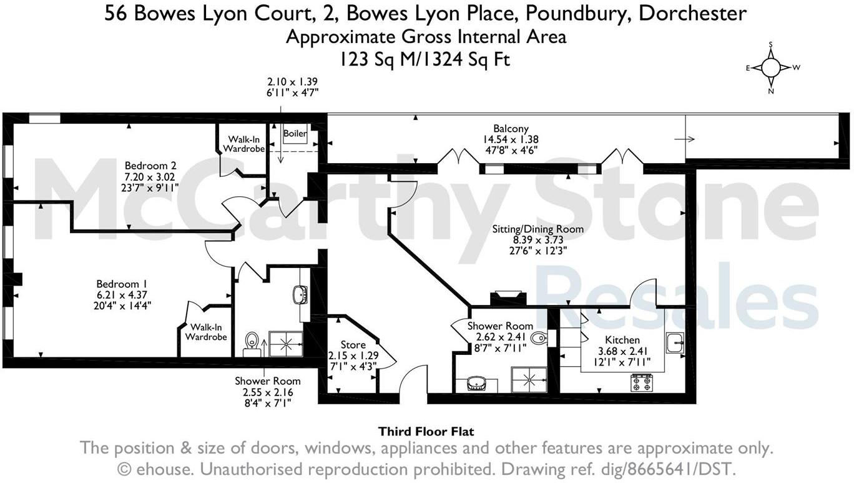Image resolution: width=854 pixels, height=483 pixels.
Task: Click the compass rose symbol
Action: click(x=771, y=67)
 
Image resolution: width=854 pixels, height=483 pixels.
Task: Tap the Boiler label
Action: click(x=295, y=134)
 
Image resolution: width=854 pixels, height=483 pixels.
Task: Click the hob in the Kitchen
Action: click(x=642, y=382)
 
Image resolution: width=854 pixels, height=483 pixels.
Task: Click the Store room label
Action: click(x=353, y=345)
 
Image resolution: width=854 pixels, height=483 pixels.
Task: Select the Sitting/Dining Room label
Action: click(x=537, y=229)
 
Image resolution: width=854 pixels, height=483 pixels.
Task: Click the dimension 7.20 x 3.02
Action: click(x=150, y=176)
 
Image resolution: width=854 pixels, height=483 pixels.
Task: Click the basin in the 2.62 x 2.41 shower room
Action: click(x=479, y=384)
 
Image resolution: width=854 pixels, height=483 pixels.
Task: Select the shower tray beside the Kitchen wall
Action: click(x=529, y=379)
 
